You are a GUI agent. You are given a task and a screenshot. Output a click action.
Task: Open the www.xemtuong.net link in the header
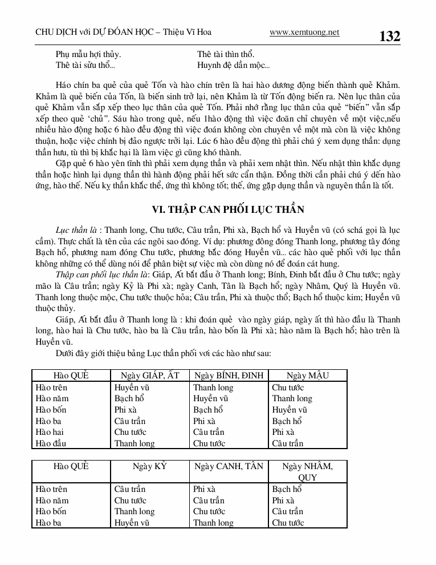coord(304,33)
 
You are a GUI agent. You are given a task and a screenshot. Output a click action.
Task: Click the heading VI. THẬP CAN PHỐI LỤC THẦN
coord(228,210)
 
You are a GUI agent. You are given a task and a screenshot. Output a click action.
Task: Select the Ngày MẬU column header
coord(308,376)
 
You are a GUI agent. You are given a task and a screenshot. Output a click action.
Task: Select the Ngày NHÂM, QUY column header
coord(308,471)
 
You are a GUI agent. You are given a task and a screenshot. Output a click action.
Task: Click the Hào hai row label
coord(51,432)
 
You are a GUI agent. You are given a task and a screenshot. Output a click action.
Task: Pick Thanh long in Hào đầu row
coord(135,443)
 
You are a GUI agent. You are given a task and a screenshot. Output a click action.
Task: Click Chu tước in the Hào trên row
coord(288,388)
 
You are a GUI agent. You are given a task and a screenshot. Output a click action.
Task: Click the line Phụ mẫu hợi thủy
coord(88,54)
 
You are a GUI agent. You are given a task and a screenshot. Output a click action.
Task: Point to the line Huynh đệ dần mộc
coord(233,66)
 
